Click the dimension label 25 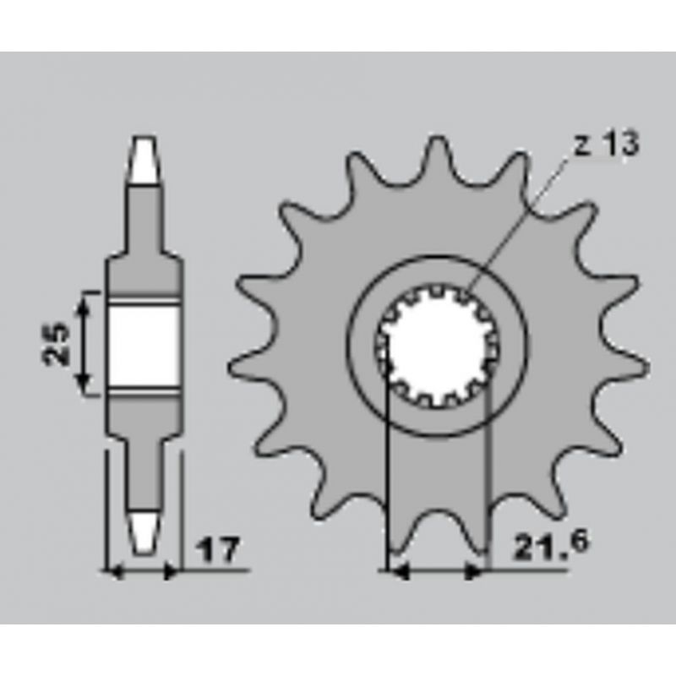(57, 344)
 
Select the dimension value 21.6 (551, 546)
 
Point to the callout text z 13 (607, 143)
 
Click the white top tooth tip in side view (144, 161)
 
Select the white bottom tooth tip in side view (143, 533)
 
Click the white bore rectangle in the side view (144, 346)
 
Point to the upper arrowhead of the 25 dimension (84, 305)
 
